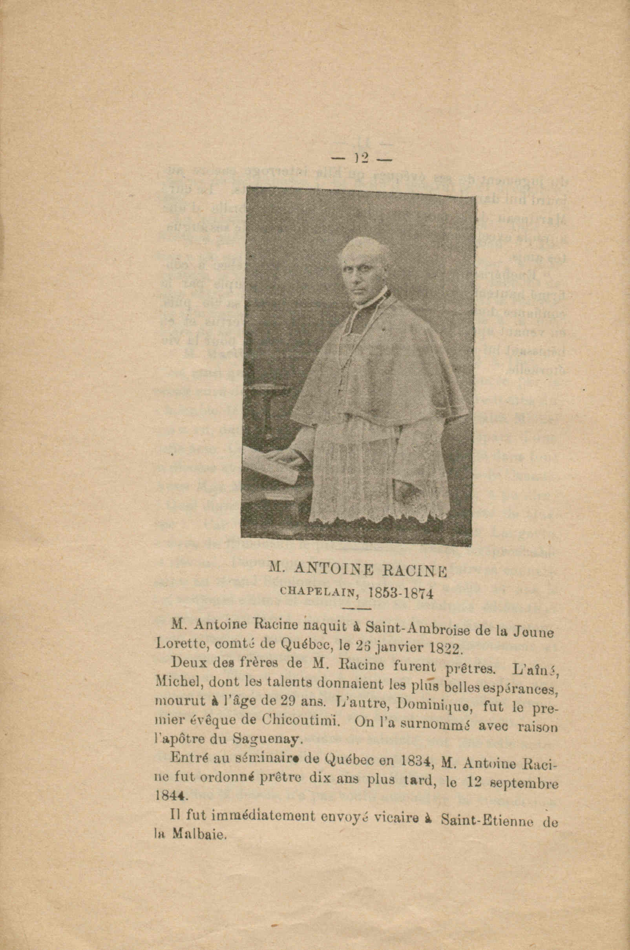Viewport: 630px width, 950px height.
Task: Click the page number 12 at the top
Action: tap(362, 158)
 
